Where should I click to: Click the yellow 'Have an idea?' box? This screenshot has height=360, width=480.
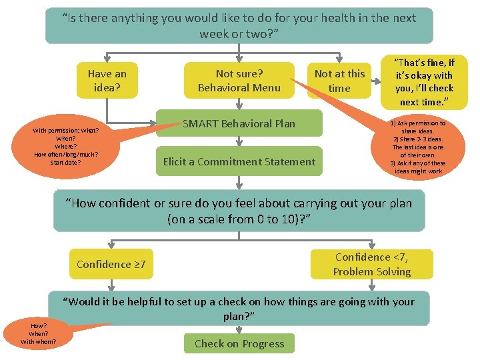[107, 81]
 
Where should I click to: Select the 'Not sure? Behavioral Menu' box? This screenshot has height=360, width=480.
[239, 81]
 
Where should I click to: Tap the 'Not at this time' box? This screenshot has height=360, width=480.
[339, 81]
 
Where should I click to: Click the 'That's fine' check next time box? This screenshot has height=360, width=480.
[425, 81]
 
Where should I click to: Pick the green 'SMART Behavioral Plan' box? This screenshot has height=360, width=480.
[239, 123]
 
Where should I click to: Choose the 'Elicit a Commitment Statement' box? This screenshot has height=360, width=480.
[239, 161]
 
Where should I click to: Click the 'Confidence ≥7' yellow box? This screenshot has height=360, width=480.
[111, 265]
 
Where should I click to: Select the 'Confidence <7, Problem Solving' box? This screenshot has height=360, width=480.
[372, 265]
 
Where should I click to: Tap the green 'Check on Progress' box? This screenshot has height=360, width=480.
[239, 344]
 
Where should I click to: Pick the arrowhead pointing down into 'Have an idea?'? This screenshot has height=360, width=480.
[107, 59]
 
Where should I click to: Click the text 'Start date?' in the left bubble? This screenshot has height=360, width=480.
[65, 162]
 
